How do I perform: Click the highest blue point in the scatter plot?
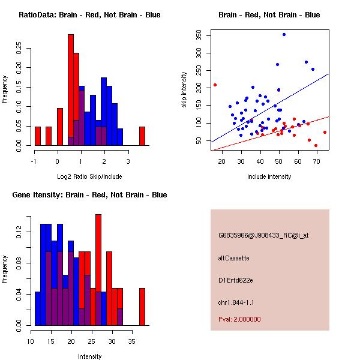pos(284,34)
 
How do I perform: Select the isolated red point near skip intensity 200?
pos(215,85)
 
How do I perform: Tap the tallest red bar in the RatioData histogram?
pos(71,90)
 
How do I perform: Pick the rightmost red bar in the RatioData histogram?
pos(142,136)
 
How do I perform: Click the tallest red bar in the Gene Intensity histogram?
pos(98,270)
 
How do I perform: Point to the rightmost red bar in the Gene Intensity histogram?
pos(142,307)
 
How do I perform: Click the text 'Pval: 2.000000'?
pos(239,319)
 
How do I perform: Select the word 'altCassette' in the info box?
pos(233,258)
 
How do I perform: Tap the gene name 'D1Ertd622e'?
pos(236,280)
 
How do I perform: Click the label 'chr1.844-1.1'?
pos(236,302)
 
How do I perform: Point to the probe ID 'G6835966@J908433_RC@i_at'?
pos(263,235)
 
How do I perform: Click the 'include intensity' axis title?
pos(269,176)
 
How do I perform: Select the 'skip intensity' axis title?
pos(184,90)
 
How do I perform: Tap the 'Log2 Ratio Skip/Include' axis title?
pos(89,176)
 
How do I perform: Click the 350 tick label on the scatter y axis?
pos(199,35)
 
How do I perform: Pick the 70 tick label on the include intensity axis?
pos(317,161)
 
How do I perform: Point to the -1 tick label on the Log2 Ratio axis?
pos(34,161)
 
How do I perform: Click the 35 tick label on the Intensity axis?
pos(132,341)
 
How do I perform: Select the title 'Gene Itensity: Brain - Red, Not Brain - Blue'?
pos(89,194)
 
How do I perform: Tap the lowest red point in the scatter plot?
pos(316,146)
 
